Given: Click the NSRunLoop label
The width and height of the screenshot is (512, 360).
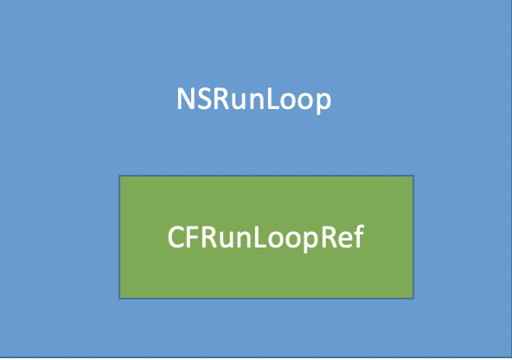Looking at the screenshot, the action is [253, 100].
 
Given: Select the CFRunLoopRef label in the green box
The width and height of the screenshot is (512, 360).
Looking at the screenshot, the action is [266, 237].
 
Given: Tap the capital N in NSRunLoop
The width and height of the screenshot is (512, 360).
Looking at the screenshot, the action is [185, 99].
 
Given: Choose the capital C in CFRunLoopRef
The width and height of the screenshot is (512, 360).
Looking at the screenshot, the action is [176, 237].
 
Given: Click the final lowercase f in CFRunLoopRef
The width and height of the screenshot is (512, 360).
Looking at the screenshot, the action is [358, 236].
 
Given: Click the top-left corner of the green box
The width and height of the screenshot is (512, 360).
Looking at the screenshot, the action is [119, 176].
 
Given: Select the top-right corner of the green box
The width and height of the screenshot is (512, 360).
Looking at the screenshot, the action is [413, 176].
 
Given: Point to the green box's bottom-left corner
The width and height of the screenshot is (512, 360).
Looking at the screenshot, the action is [119, 299].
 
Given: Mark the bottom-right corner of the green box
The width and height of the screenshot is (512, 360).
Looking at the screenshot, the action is [413, 299].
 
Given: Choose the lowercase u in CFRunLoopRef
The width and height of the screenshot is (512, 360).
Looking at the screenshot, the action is [225, 241].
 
